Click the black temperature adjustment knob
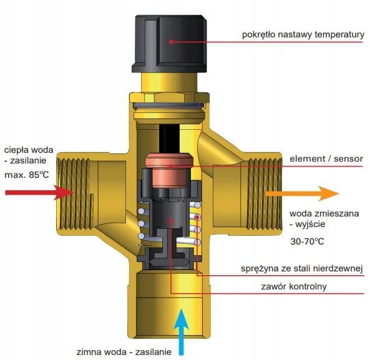170,44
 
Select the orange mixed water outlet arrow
302,193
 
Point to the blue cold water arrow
181,330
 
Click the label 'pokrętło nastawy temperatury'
303,34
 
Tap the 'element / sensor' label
326,158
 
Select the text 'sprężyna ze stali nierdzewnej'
301,268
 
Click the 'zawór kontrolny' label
294,286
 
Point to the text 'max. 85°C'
27,175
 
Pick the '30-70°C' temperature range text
307,241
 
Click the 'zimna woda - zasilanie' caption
124,352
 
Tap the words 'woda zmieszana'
324,213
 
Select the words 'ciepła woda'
29,150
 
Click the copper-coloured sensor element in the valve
169,170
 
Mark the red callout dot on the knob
171,42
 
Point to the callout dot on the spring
198,217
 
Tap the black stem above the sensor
170,139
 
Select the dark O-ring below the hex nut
168,105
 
